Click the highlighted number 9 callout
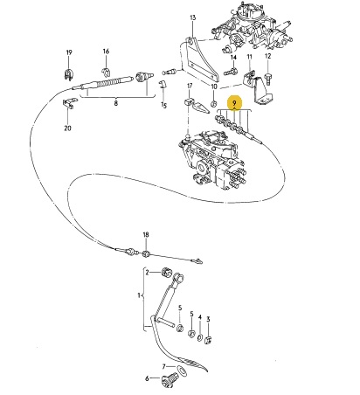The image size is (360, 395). click(235, 103)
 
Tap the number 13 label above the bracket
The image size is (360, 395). click(193, 17)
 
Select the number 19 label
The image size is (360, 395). click(69, 52)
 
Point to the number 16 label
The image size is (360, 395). click(106, 52)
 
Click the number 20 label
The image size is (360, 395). click(67, 128)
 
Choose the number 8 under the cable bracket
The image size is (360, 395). click(116, 103)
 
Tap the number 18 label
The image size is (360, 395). click(146, 234)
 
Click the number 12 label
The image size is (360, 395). click(267, 56)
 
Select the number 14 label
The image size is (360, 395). click(233, 58)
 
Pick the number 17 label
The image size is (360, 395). click(190, 86)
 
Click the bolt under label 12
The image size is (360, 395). click(267, 79)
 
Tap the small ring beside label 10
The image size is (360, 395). click(213, 103)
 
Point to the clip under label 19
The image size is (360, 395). click(68, 74)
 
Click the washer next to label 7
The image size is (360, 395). click(183, 371)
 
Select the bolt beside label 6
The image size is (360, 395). click(169, 378)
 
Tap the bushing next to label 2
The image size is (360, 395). click(166, 273)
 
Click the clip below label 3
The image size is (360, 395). click(208, 339)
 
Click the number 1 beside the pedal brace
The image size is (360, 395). click(139, 295)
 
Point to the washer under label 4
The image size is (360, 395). click(200, 337)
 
